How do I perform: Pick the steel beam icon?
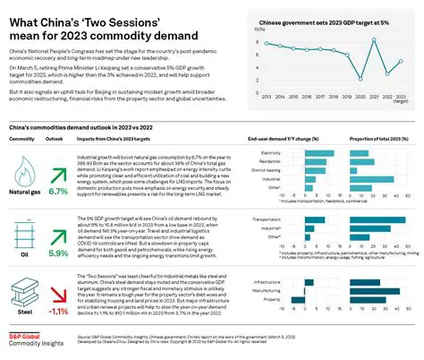[26, 286]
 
